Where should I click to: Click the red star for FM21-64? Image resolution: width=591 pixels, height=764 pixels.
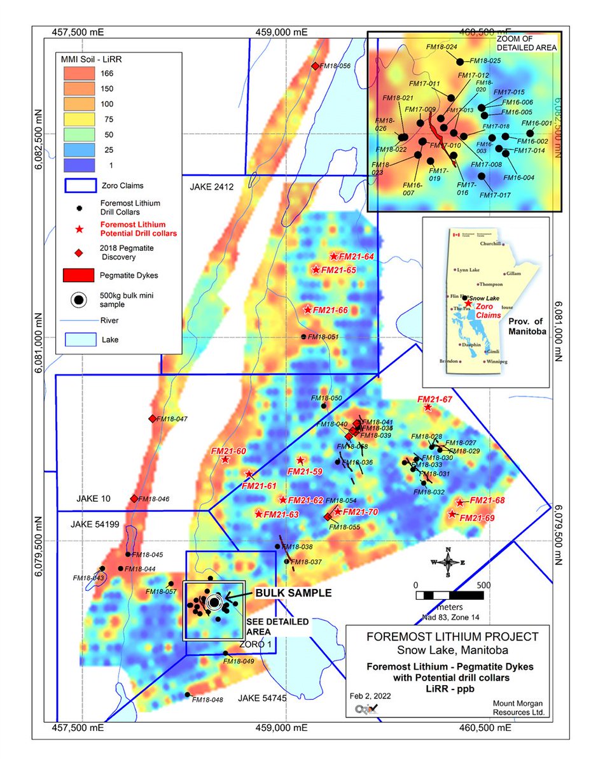pos(333,257)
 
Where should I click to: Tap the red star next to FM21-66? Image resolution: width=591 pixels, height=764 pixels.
pos(308,310)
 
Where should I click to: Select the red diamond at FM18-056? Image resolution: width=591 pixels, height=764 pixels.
pos(314,66)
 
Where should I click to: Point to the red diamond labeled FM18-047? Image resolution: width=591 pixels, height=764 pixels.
pos(152,418)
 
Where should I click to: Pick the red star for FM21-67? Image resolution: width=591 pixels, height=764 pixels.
pos(428,407)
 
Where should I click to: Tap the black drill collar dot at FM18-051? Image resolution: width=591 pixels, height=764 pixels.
pos(304,337)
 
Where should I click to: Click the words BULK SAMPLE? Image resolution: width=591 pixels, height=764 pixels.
pos(293,592)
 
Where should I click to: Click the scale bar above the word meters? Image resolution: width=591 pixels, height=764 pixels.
pos(449,595)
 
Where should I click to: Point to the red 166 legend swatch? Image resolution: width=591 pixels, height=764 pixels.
pos(78,73)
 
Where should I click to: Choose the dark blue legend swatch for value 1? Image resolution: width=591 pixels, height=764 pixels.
pos(78,164)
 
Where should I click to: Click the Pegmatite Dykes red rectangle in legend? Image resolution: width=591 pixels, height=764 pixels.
pos(78,275)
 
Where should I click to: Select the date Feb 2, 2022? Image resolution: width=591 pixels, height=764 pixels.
pos(371,696)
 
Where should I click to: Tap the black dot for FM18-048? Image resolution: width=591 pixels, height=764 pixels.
pos(187,695)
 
